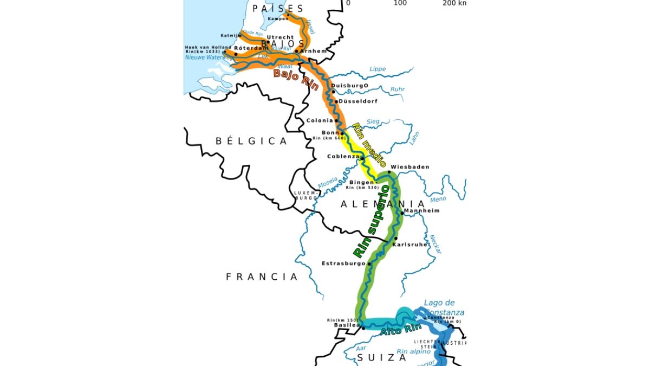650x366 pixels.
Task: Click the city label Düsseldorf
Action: [359, 101]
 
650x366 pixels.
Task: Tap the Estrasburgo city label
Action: [344, 264]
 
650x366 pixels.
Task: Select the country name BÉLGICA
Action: [251, 141]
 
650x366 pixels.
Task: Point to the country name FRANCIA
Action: [262, 277]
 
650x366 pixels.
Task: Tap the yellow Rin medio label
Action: [369, 145]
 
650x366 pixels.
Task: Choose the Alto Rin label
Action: [401, 328]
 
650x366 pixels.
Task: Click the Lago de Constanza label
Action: [444, 307]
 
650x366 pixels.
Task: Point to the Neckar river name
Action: [435, 244]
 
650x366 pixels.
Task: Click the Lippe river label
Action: [378, 69]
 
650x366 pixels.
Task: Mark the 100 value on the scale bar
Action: [400, 3]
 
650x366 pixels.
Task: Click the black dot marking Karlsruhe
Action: [395, 239]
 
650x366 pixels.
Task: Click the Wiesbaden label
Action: [409, 167]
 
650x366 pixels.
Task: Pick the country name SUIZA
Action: [381, 358]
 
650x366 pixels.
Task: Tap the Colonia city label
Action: [320, 120]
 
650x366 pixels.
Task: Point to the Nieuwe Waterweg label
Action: [205, 57]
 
